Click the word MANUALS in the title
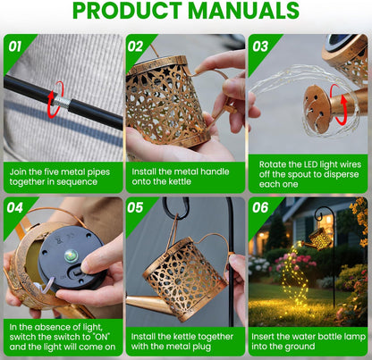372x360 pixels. (243, 11)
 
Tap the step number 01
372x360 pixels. (15, 46)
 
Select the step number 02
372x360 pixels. (136, 46)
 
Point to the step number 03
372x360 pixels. (260, 46)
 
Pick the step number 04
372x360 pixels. (15, 207)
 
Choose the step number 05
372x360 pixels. (135, 207)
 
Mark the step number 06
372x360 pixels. (260, 207)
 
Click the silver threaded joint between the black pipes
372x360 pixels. (62, 102)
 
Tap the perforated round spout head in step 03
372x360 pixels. (317, 108)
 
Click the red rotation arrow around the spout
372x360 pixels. (339, 105)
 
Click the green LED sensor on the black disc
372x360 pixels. (72, 256)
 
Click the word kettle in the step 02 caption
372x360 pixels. (179, 181)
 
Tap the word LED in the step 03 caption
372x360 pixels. (310, 164)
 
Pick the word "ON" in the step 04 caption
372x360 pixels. (101, 337)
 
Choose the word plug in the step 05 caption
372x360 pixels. (200, 347)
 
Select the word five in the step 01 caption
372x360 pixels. (53, 172)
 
